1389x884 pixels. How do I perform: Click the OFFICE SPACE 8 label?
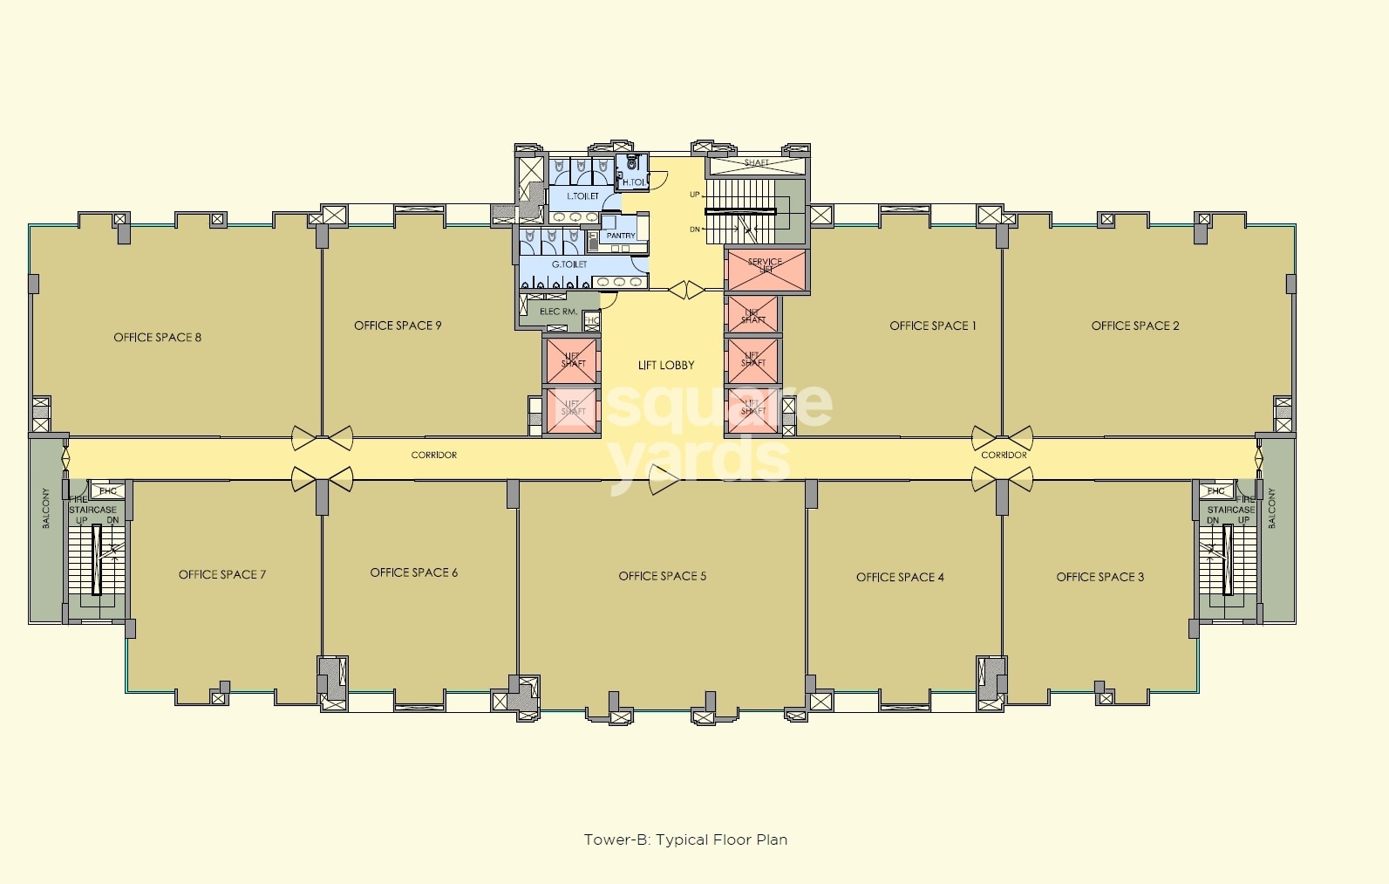click(x=157, y=338)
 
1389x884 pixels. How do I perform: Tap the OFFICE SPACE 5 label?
click(x=662, y=576)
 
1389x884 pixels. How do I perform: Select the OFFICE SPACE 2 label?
click(x=1134, y=326)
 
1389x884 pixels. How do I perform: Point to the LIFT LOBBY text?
click(x=666, y=366)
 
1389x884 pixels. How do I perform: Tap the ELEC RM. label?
click(x=558, y=312)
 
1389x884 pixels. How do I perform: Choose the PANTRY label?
click(x=621, y=236)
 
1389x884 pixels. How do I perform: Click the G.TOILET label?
click(x=569, y=264)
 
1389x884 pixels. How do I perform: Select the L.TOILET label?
click(x=582, y=196)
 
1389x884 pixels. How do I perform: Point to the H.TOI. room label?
click(x=634, y=182)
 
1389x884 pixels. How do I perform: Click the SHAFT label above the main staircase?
click(x=756, y=163)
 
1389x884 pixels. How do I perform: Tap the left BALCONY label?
click(x=46, y=508)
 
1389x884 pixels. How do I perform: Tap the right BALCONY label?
click(x=1271, y=508)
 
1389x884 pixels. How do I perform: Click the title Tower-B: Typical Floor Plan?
click(x=685, y=839)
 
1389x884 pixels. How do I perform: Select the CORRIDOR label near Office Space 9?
click(x=433, y=456)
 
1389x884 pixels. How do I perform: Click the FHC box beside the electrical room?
click(x=592, y=320)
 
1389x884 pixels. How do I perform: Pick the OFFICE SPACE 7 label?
click(x=221, y=574)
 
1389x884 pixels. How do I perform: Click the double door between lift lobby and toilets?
click(x=686, y=290)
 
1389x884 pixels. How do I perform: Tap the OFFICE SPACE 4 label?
click(x=899, y=577)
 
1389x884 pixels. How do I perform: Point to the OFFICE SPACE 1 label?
click(x=932, y=326)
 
